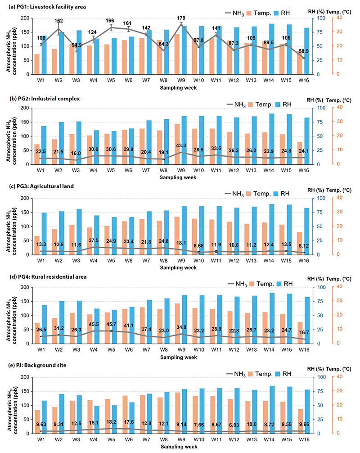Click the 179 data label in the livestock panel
point(181,18)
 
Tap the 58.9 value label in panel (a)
point(304,51)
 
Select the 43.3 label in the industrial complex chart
point(181,145)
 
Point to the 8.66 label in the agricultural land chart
point(198,245)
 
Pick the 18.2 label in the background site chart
point(111,422)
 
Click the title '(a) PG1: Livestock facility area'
point(48,7)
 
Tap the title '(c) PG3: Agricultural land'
point(42,186)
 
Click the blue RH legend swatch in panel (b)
point(278,104)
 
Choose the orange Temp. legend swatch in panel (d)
point(252,284)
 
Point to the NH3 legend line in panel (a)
point(228,13)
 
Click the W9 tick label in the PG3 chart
point(181,260)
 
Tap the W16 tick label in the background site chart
point(304,439)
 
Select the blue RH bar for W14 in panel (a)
point(272,49)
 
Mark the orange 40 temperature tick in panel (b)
point(339,107)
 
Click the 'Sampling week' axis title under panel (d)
point(179,358)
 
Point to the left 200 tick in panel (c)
point(25,198)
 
